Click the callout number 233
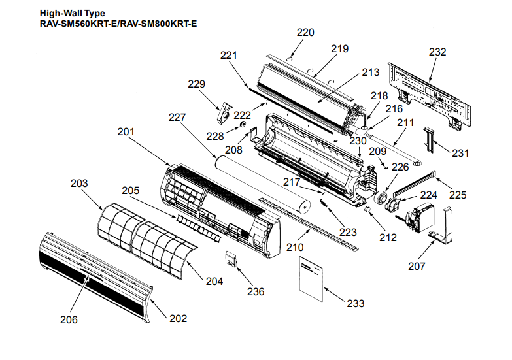pyautogui.click(x=356, y=303)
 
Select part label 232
pyautogui.click(x=437, y=52)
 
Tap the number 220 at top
pyautogui.click(x=305, y=32)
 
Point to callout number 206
pyautogui.click(x=69, y=319)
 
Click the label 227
pyautogui.click(x=177, y=118)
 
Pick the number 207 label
pyautogui.click(x=417, y=266)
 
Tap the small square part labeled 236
pyautogui.click(x=231, y=258)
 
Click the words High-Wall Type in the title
pyautogui.click(x=72, y=13)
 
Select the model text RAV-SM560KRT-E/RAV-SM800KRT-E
pyautogui.click(x=118, y=24)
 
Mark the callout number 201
pyautogui.click(x=126, y=131)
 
